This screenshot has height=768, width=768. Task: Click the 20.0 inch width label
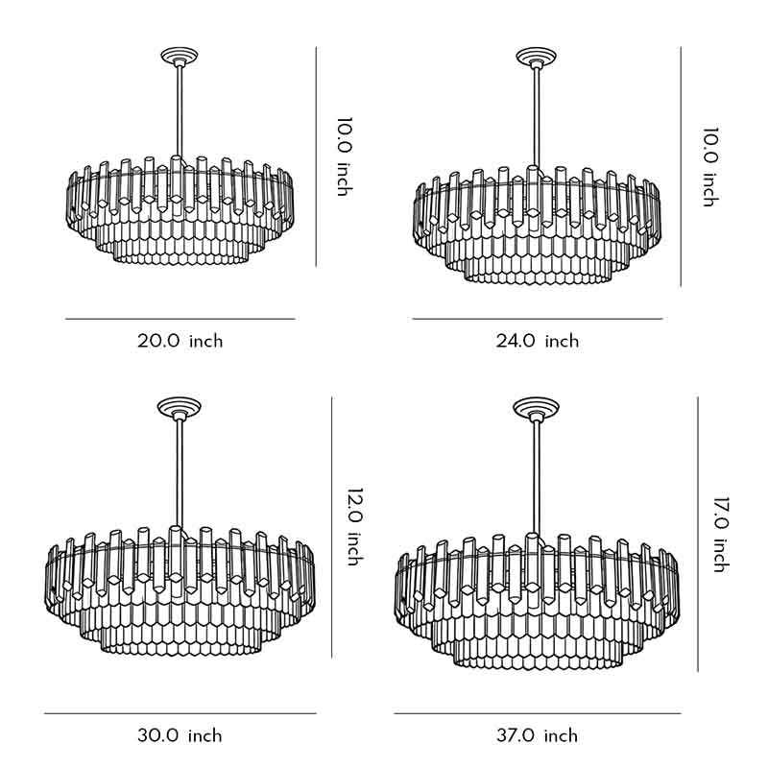click(x=180, y=341)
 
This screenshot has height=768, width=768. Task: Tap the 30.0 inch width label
click(x=180, y=736)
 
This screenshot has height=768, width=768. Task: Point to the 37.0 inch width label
click(x=536, y=736)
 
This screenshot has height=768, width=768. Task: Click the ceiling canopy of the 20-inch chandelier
click(x=178, y=57)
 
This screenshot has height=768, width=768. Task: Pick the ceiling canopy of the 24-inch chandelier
click(x=534, y=58)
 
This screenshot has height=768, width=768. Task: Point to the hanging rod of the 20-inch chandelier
click(x=178, y=110)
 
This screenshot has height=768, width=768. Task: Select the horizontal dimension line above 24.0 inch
click(x=538, y=319)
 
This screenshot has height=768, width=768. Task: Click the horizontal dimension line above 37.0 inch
click(x=537, y=713)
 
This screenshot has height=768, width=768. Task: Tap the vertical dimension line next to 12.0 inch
click(x=331, y=528)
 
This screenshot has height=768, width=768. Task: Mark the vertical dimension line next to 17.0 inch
click(x=698, y=534)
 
